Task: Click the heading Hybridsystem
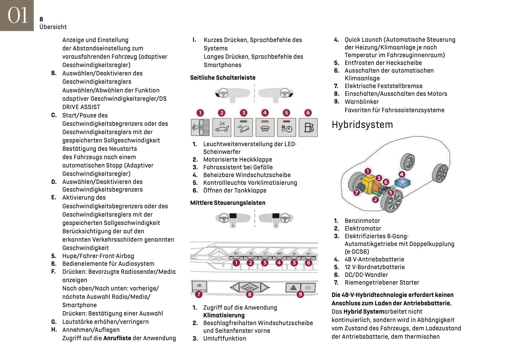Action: point(362,125)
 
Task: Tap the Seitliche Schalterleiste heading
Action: point(223,78)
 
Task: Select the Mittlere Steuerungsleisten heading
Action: point(228,203)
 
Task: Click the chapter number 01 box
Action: point(17,15)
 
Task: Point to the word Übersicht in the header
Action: point(53,27)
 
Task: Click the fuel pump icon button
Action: point(308,127)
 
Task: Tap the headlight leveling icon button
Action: point(200,127)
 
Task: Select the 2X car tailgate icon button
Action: point(222,127)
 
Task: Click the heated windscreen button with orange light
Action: point(265,127)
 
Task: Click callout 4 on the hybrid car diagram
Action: point(402,174)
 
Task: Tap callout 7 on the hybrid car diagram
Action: point(356,193)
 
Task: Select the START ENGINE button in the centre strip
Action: point(249,287)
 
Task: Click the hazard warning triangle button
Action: point(293,288)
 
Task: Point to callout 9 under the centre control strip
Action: point(300,294)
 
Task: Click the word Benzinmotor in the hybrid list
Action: point(362,221)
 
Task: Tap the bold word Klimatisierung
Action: point(224,315)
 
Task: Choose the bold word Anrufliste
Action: point(117,338)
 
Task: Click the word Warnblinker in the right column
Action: point(361,102)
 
